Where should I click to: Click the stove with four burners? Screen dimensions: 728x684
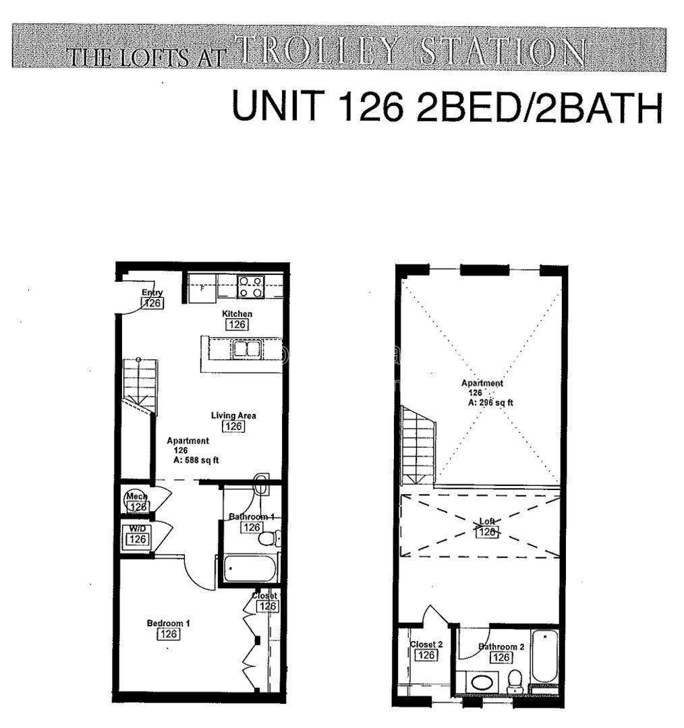tap(250, 287)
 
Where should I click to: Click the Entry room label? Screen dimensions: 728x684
tap(152, 292)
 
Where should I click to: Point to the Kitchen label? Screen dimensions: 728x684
tap(237, 314)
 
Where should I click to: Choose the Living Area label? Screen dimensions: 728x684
tap(233, 415)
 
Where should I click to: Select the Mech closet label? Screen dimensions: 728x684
tap(136, 497)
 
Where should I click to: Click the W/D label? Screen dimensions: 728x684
tap(137, 528)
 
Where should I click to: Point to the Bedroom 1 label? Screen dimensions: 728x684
tap(169, 624)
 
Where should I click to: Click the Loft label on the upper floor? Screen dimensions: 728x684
tap(487, 522)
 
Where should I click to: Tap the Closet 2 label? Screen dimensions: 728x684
tap(426, 645)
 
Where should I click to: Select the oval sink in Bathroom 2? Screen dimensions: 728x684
tap(481, 682)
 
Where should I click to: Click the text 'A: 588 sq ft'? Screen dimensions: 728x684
tap(196, 460)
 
